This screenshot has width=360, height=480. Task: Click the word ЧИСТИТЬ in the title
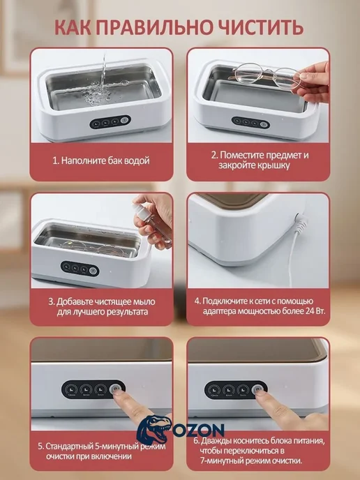260,27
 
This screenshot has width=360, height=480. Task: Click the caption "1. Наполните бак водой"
101,160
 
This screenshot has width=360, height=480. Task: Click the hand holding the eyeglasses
313,82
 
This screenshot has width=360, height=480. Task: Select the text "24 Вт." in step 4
315,311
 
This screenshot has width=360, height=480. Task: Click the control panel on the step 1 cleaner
110,122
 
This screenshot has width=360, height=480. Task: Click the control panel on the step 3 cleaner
80,269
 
